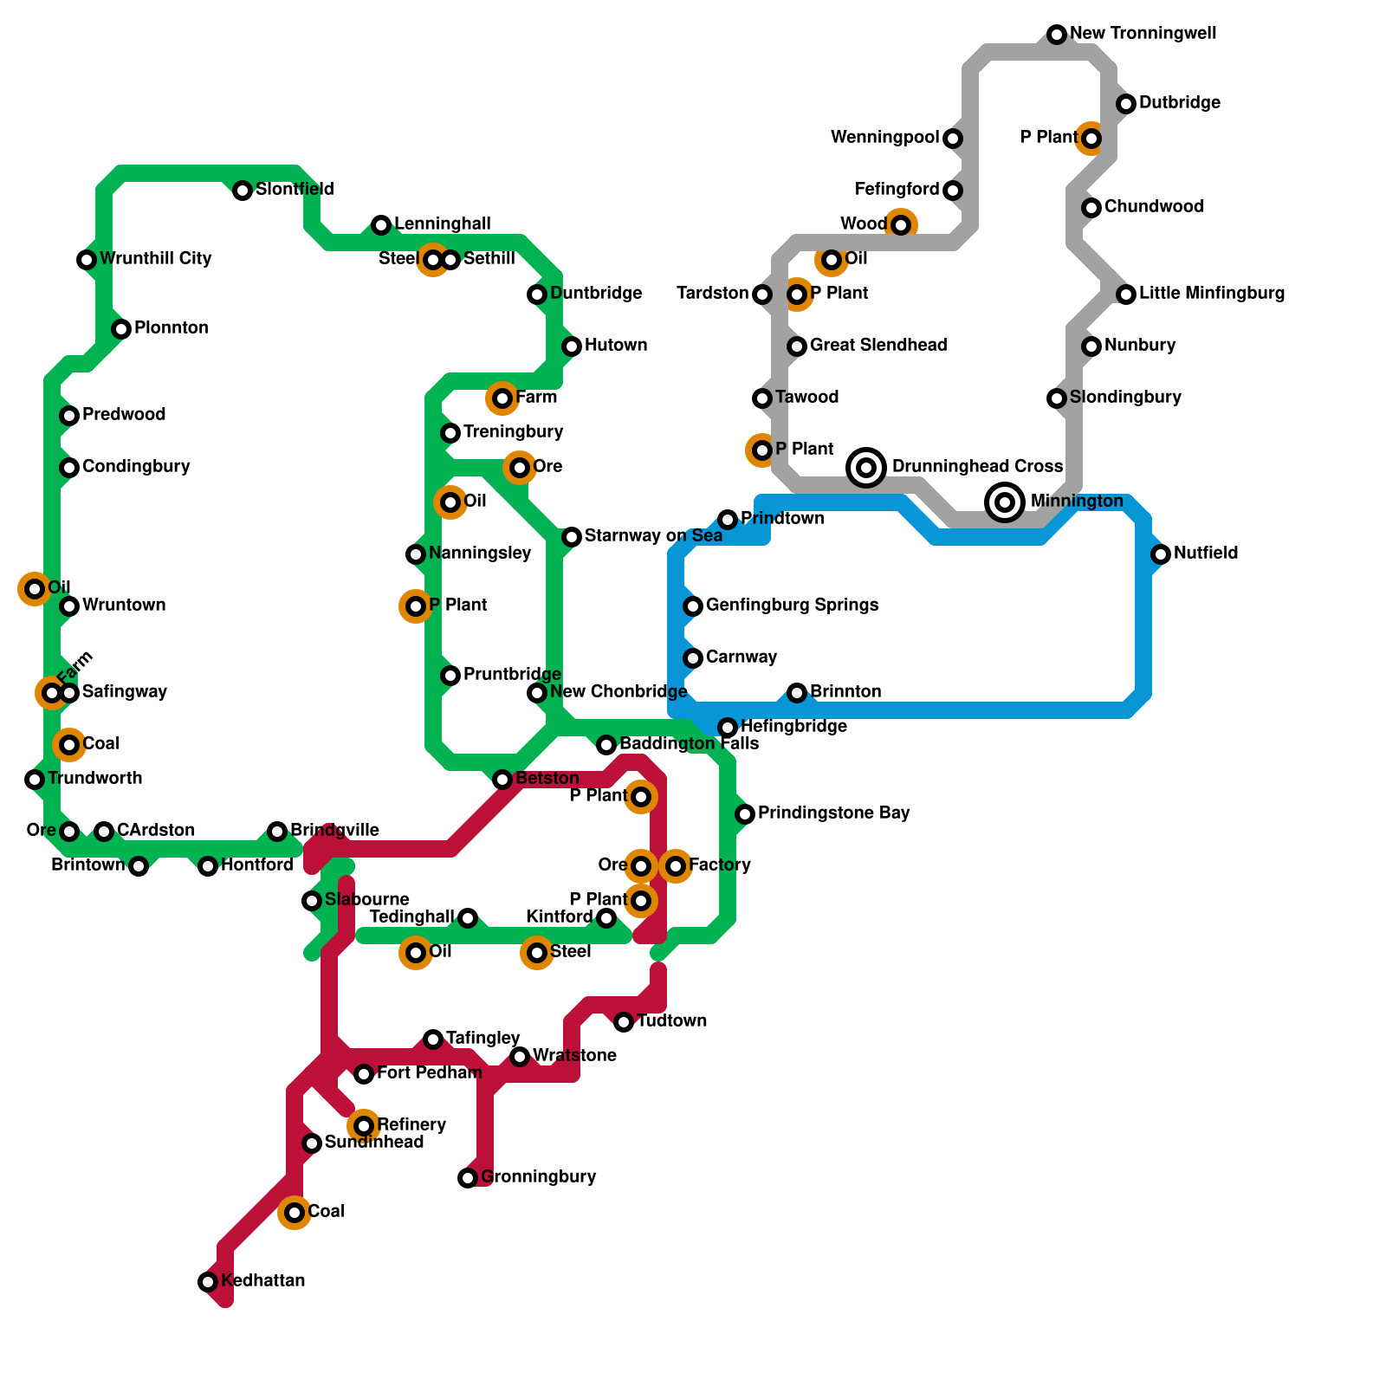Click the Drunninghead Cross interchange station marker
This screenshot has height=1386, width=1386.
pos(866,468)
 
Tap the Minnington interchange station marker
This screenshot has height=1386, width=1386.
pos(1005,502)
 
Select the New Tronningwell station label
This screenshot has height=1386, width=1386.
pos(1143,34)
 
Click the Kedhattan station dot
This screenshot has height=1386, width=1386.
pos(208,1282)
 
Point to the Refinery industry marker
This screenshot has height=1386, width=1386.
pos(364,1126)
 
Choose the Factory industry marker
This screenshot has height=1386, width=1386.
pos(676,866)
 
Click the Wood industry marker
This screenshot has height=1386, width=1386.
pos(901,225)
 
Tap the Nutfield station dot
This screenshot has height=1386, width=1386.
pos(1161,554)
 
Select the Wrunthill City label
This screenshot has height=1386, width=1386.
pos(155,259)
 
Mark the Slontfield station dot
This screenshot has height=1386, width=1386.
pos(243,191)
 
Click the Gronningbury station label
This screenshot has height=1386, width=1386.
pos(538,1177)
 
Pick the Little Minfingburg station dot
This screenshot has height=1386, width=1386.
pos(1126,295)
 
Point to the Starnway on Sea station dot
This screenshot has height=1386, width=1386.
pos(572,537)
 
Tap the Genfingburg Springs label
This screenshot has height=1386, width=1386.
pos(792,606)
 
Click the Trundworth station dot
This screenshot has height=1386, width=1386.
pos(35,780)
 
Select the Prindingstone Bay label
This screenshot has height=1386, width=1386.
pos(833,813)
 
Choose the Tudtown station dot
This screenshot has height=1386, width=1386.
pos(624,1022)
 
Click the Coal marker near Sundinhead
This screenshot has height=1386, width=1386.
pos(295,1213)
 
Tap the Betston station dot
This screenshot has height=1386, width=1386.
pos(502,780)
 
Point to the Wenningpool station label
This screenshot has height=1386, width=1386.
pos(884,138)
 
